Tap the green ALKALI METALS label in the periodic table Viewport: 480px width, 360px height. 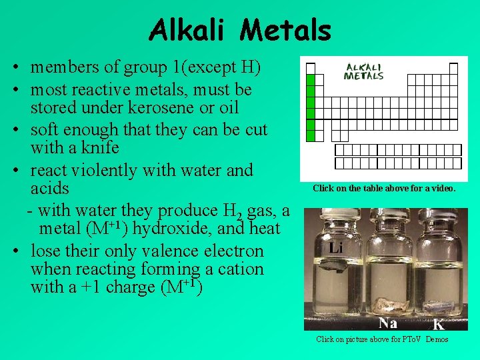[363, 71]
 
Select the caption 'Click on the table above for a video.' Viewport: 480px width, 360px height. [384, 188]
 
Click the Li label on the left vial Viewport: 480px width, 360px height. [335, 247]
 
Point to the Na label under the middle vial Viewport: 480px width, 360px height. [388, 323]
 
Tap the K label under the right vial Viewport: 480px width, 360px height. [438, 324]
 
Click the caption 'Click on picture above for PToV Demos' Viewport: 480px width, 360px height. [382, 339]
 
